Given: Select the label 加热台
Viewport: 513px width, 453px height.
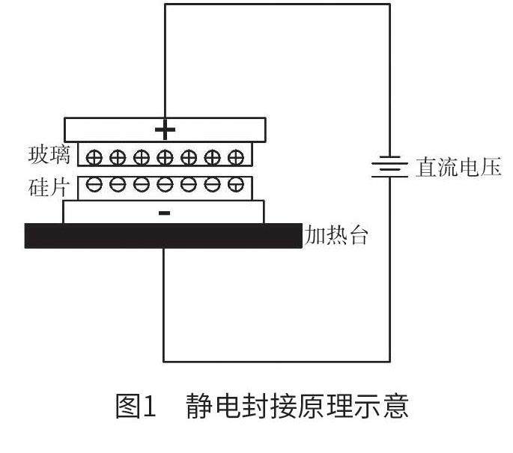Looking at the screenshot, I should (336, 236).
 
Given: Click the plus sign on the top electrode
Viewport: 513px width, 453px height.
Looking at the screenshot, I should (165, 130).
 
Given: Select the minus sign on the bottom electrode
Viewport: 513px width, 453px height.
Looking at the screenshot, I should (165, 213).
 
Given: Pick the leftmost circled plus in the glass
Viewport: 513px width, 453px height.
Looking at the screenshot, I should (94, 157).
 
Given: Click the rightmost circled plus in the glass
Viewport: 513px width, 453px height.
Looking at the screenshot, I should (236, 156).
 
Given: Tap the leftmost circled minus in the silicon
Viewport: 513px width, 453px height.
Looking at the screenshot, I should (94, 186).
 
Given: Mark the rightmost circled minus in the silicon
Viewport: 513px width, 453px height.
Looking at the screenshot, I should (236, 186).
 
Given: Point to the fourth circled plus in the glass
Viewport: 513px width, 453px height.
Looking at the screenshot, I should (165, 157).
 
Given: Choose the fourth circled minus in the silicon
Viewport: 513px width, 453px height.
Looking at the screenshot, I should (165, 186).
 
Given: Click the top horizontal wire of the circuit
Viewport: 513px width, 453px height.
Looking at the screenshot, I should (277, 4).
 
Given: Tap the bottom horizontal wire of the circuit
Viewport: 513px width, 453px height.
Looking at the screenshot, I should (277, 361).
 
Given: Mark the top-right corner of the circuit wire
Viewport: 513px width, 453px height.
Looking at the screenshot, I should (389, 4).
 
